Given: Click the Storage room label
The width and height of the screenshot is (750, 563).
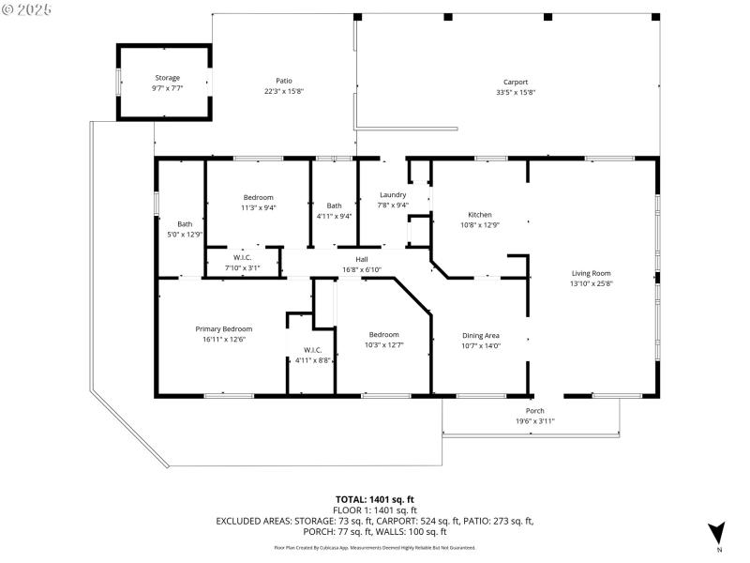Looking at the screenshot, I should point(167,78).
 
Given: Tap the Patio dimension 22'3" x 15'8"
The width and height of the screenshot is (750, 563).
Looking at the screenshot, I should point(283,91).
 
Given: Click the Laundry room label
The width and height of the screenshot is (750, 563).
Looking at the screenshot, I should point(392,195).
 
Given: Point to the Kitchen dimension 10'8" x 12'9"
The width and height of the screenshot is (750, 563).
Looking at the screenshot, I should point(480,224).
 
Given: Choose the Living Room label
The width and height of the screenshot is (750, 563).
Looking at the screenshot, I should point(591,273).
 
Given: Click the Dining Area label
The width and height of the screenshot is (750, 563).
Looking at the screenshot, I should point(480,335).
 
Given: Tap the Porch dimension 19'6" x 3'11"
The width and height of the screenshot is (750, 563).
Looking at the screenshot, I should point(534,421).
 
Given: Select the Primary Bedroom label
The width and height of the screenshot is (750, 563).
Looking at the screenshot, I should point(223,329).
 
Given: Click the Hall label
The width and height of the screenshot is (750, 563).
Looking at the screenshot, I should point(361,259).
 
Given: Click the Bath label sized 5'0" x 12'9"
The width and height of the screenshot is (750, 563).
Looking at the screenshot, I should point(185,224).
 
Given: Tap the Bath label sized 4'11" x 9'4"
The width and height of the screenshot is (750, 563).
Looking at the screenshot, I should point(335,205).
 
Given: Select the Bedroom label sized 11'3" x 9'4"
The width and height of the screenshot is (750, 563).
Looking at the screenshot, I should point(258,197).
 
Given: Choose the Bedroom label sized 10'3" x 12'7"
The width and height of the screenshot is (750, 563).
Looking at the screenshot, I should point(383,335).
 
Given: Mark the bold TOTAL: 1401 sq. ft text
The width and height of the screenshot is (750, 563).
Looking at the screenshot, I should point(375,499).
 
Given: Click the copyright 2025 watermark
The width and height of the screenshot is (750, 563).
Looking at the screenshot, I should point(27,8).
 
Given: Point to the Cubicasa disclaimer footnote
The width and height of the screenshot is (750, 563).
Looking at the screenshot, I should point(374,547).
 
